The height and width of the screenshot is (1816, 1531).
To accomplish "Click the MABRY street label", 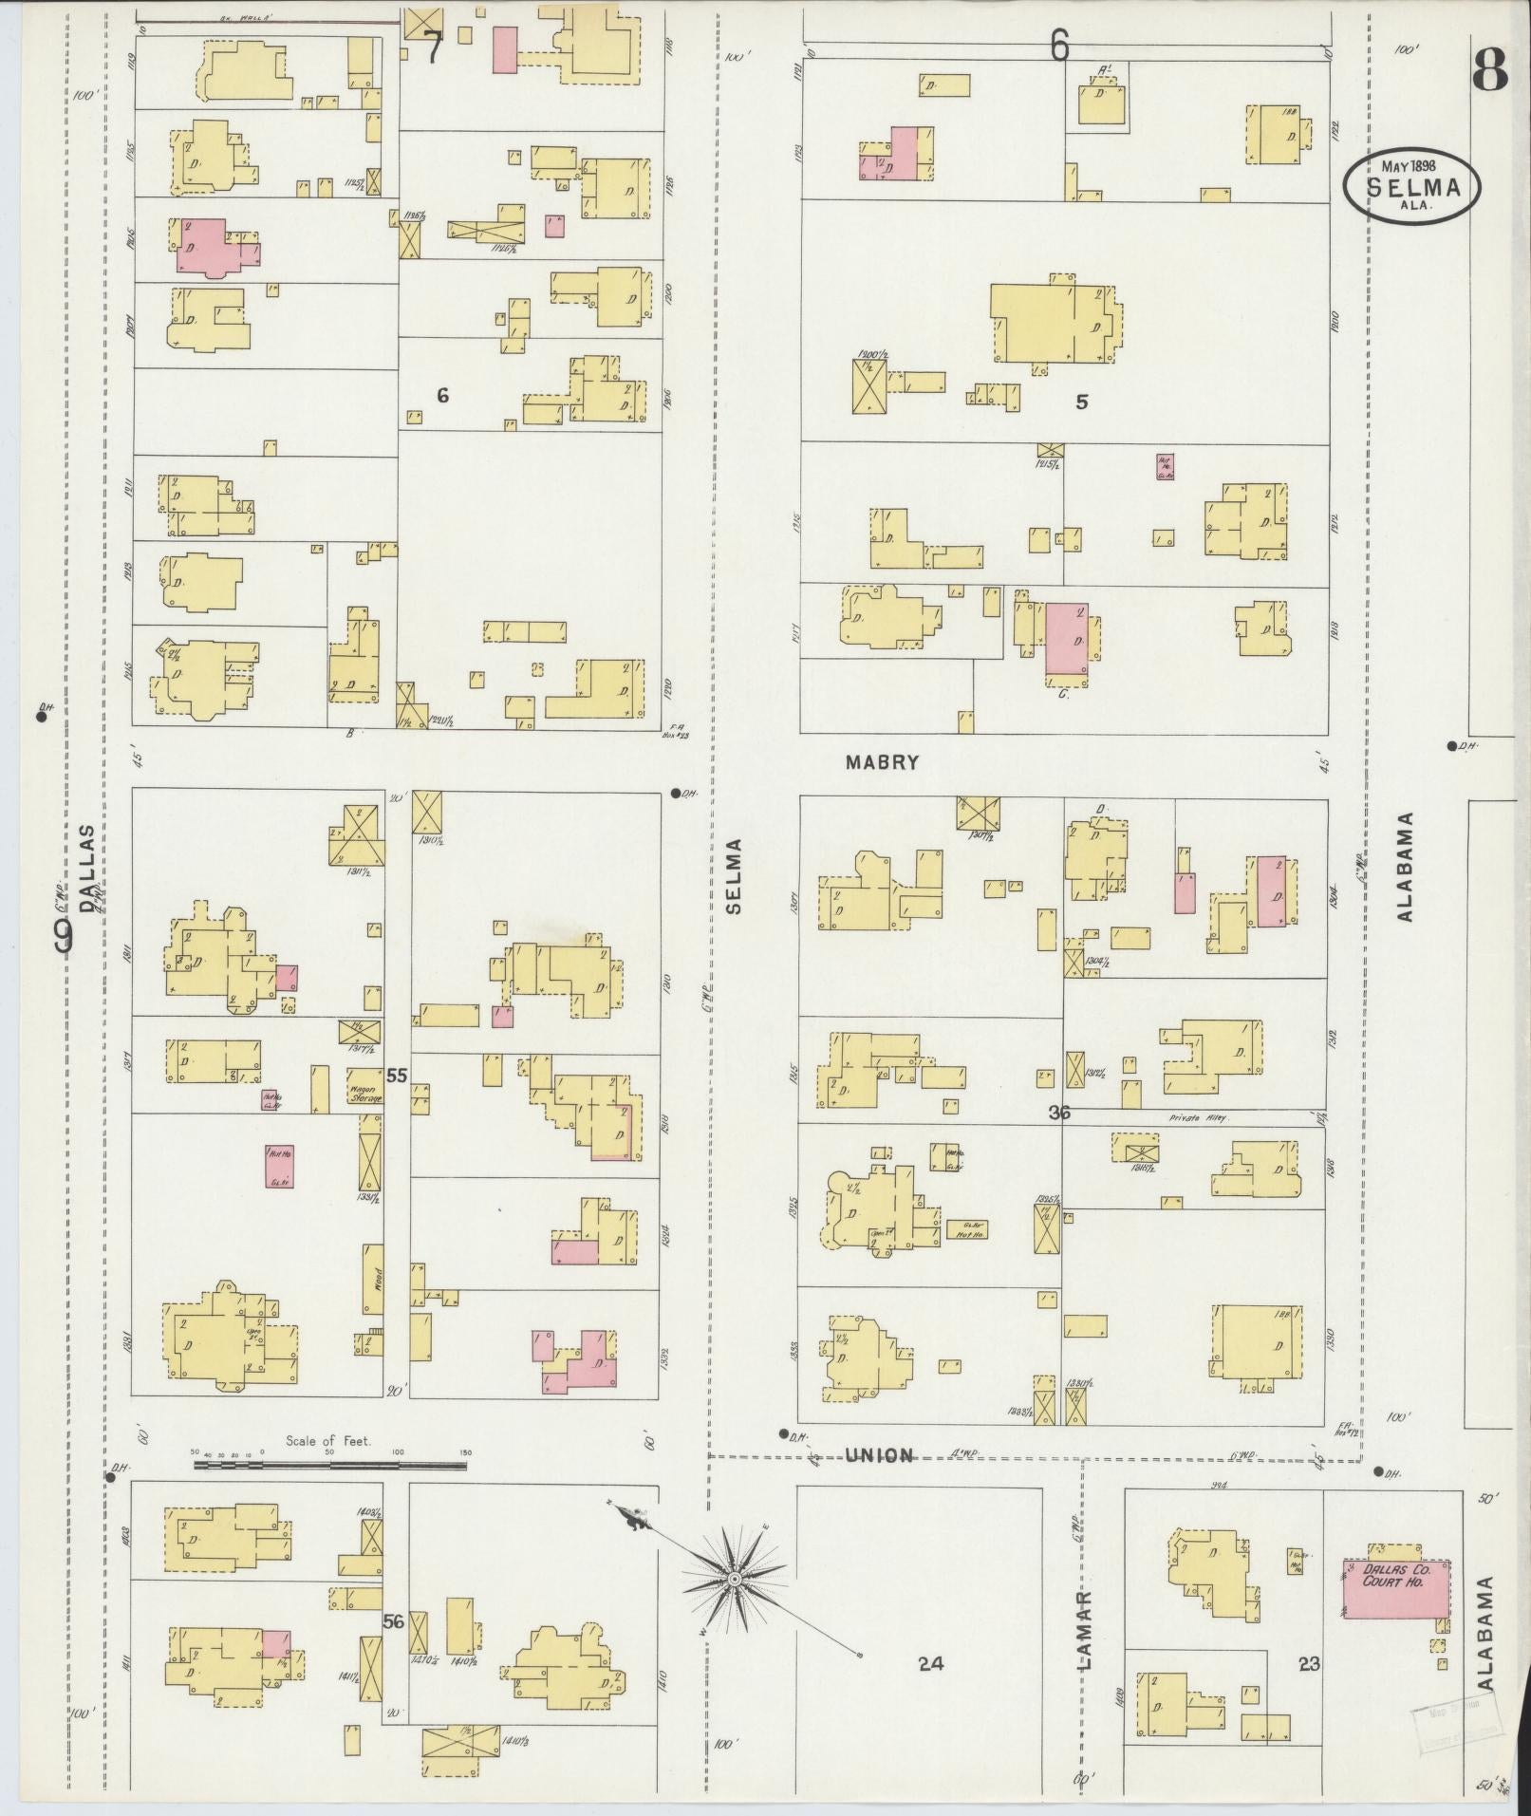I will [884, 762].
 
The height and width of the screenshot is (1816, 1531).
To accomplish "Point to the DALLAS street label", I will [88, 868].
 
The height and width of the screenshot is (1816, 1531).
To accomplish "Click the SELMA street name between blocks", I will [734, 875].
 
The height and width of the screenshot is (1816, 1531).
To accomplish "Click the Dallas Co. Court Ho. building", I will [1395, 1584].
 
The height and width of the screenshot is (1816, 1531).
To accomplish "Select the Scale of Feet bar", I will [329, 1491].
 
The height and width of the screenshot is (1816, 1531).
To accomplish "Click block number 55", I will [397, 1076].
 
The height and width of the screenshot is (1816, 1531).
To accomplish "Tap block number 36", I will [1059, 1113].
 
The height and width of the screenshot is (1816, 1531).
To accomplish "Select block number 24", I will [931, 1662].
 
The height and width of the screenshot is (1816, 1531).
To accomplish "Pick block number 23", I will [1309, 1663].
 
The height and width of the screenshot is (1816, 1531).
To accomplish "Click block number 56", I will [394, 1622].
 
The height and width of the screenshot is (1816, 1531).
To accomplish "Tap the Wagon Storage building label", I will [364, 1093].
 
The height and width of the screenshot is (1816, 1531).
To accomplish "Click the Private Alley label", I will [1200, 1118].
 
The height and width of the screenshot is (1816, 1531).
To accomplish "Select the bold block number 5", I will [1081, 403].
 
